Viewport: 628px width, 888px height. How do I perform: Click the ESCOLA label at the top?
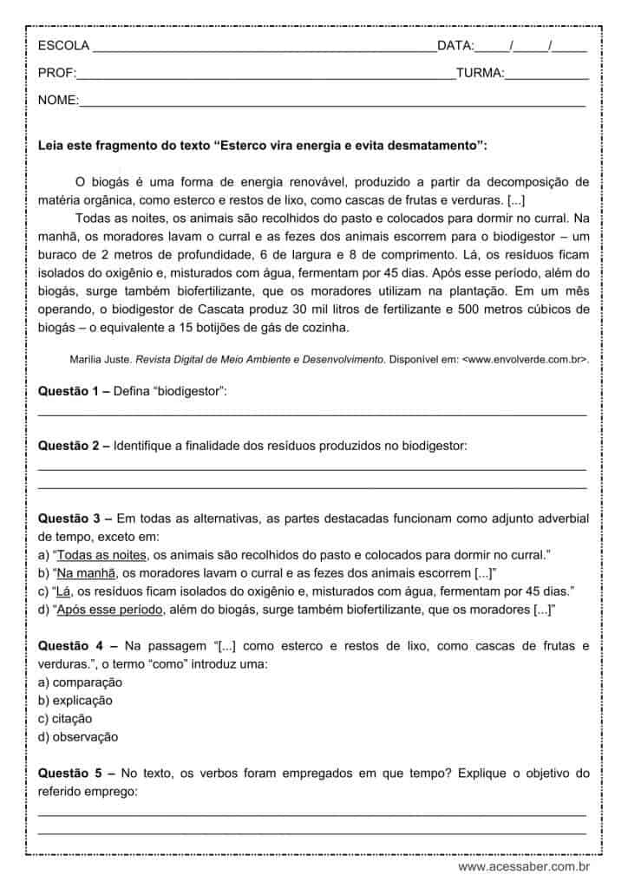[63, 46]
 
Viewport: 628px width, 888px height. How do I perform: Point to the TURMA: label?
[480, 74]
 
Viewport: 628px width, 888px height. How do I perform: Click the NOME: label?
[58, 101]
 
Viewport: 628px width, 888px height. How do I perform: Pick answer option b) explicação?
[75, 701]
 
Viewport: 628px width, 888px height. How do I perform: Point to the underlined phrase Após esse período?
[110, 610]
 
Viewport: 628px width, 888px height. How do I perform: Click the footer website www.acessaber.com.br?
[524, 866]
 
